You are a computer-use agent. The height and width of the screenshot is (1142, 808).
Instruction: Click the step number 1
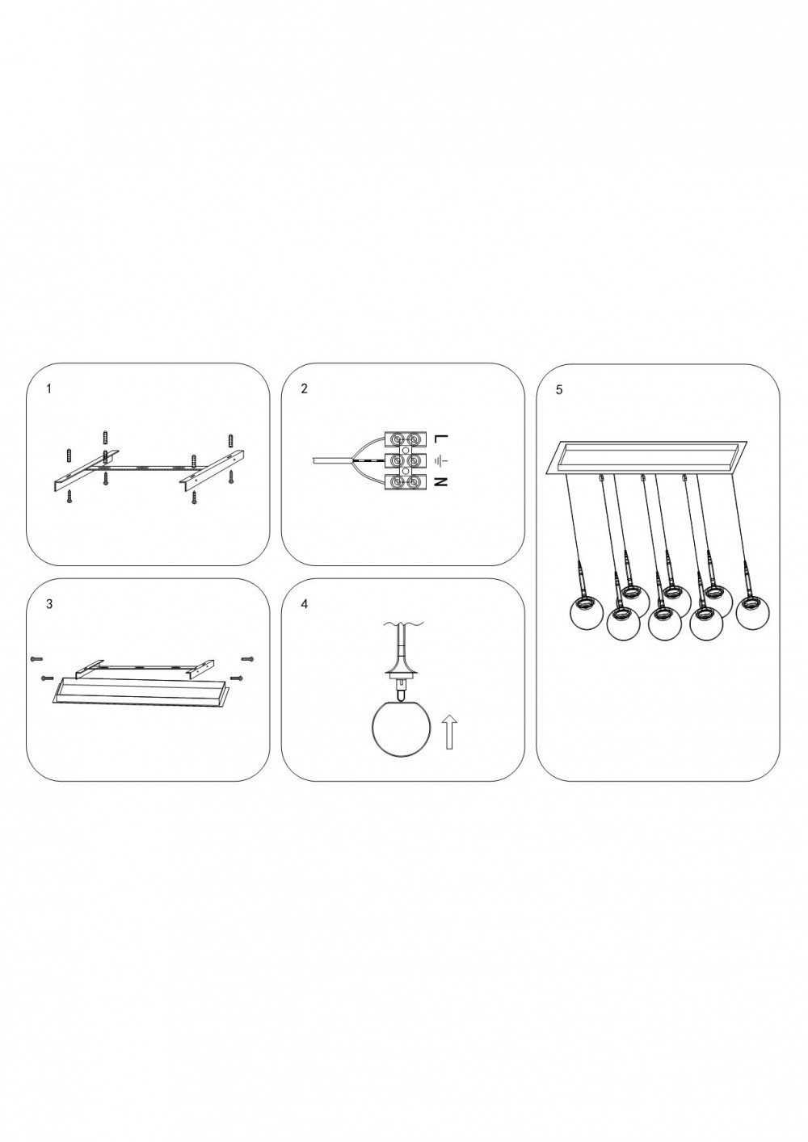pyautogui.click(x=49, y=389)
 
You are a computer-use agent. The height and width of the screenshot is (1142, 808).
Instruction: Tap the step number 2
pyautogui.click(x=305, y=389)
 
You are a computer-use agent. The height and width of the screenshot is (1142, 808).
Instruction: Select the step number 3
pyautogui.click(x=49, y=604)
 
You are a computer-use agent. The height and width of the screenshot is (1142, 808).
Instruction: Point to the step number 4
pyautogui.click(x=305, y=604)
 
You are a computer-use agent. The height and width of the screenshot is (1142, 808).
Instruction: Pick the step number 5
pyautogui.click(x=560, y=390)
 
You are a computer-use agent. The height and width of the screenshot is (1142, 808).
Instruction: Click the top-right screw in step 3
pyautogui.click(x=247, y=659)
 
